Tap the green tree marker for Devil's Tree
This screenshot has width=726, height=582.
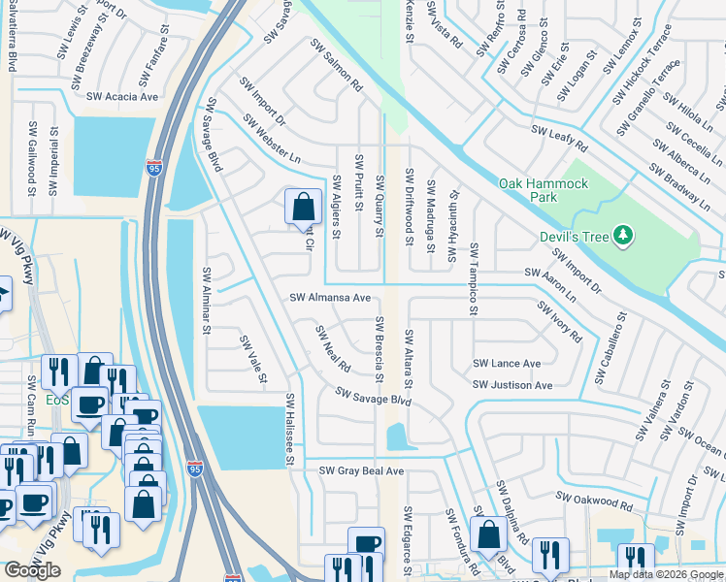point(624,236)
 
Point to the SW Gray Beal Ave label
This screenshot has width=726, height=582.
point(361,470)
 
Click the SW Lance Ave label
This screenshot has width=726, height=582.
point(506,364)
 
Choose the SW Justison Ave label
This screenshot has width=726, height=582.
point(512,385)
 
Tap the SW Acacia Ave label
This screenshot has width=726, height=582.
point(122,97)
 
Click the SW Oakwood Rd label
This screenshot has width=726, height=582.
point(594,501)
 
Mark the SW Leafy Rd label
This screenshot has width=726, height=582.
point(559,138)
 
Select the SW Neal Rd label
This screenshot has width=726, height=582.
point(332,349)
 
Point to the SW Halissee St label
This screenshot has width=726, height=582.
point(289,430)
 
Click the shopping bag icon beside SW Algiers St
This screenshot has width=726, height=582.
point(302,207)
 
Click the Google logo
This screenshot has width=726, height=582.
point(32,570)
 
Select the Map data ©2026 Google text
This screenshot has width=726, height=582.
point(666,574)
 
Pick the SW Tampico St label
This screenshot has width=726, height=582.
point(474,278)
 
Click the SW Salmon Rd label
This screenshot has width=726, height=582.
point(336,66)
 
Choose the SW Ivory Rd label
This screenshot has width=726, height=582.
point(559,321)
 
